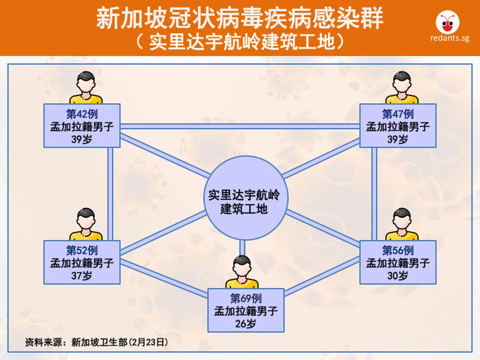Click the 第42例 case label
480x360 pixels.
click(82, 114)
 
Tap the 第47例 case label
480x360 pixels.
click(398, 114)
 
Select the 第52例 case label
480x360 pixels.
click(82, 250)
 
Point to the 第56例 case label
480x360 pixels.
click(398, 250)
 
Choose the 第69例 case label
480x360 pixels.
click(246, 298)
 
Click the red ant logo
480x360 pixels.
click(446, 23)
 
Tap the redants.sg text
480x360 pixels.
click(446, 38)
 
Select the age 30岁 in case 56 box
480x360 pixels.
click(398, 276)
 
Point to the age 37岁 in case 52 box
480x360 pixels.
click(82, 276)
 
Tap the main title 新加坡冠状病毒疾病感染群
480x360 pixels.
click(240, 19)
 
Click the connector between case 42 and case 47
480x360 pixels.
click(240, 126)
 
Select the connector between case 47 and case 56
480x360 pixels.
click(374, 194)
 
